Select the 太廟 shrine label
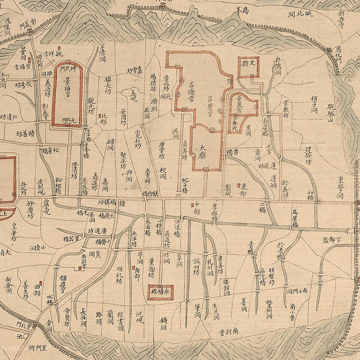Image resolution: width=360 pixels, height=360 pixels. tap(203, 152)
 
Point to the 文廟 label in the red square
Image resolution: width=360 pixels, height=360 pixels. tap(249, 64)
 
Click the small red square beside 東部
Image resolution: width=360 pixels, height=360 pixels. tap(239, 185)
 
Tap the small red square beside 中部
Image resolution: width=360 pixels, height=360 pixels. tap(192, 205)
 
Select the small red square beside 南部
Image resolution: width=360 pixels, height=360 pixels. tap(133, 268)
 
